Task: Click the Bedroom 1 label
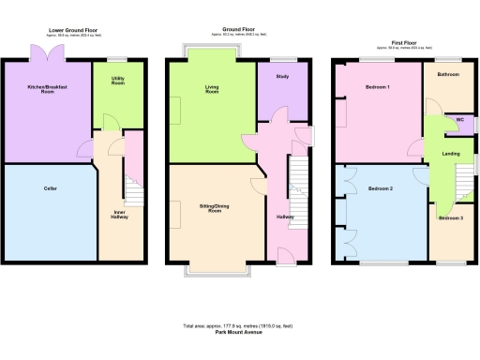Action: tap(379, 87)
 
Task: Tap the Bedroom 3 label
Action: tap(450, 217)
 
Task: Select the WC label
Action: tap(459, 120)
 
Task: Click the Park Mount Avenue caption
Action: tap(239, 331)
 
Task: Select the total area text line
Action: tap(239, 325)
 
